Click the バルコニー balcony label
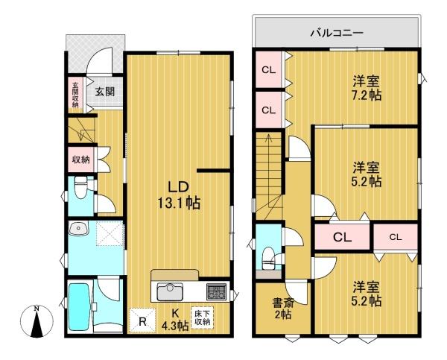tap(337, 33)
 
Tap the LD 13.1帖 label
tap(179, 195)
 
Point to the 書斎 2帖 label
tap(282, 308)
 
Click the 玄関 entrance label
tap(105, 92)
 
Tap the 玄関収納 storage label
tap(75, 95)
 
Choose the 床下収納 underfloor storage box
tap(203, 318)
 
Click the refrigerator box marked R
tap(142, 320)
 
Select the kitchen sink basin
tap(170, 291)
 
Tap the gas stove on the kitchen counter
tap(216, 291)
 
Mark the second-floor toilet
tap(268, 258)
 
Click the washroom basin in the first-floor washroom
tap(79, 229)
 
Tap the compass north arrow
tap(37, 322)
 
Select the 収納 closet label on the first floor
tap(81, 160)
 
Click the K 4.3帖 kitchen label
tap(176, 320)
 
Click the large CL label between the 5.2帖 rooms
tap(343, 237)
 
